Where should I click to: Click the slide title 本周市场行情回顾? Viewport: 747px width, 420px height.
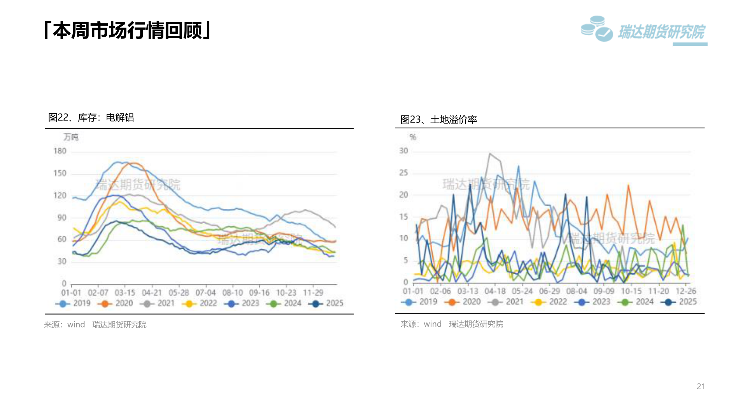[128, 30]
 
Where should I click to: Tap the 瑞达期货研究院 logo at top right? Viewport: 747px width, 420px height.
[644, 30]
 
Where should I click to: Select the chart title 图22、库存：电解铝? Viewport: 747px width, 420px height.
[91, 117]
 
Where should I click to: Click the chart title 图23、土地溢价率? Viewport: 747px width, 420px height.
[438, 119]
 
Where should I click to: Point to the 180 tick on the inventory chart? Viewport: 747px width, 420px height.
[60, 151]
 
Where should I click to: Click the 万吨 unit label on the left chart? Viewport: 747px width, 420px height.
[71, 137]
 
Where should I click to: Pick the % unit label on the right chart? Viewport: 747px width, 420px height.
[413, 137]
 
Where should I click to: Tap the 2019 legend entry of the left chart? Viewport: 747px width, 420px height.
[74, 303]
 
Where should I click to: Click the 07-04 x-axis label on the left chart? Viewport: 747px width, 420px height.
[205, 293]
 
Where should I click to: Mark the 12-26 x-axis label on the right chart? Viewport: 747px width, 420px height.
[686, 291]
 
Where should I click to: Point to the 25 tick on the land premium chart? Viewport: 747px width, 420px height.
[403, 173]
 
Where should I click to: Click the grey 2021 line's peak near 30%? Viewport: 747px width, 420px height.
[490, 154]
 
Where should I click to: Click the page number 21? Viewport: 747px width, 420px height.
[701, 386]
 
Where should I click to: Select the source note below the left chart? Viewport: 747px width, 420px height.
[95, 325]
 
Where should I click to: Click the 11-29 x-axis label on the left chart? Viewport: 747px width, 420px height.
[313, 293]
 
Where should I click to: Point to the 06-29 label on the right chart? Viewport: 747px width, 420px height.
[549, 291]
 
